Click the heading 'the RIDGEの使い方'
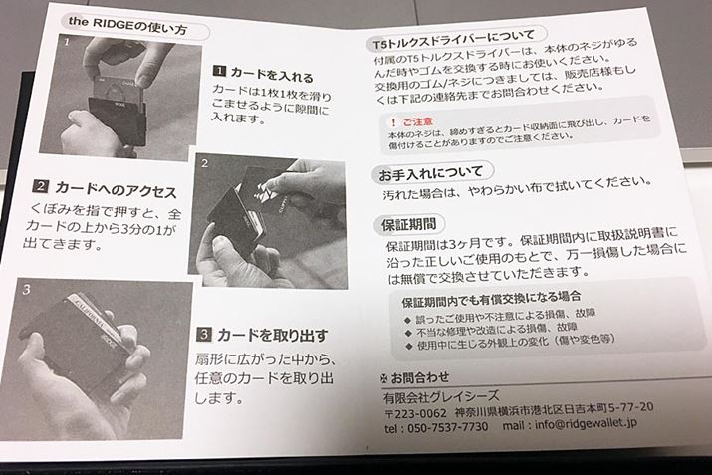click(127, 26)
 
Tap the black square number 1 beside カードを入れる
click(219, 71)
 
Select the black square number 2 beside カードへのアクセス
click(41, 186)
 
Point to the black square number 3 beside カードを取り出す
click(204, 335)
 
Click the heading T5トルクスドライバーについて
click(454, 40)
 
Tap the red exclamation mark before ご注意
click(393, 122)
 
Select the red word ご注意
click(418, 121)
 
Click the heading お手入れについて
click(430, 173)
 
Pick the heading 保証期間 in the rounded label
click(408, 224)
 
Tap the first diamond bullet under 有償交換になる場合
click(407, 320)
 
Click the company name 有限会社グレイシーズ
click(441, 397)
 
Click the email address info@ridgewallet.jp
click(586, 424)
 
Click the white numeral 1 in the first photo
click(67, 43)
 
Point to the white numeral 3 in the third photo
click(26, 289)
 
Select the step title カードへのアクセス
click(116, 189)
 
